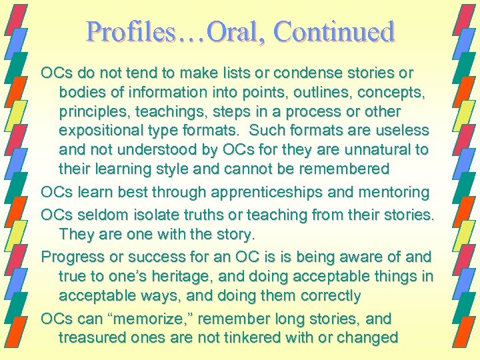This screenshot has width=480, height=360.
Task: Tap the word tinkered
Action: point(251,337)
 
